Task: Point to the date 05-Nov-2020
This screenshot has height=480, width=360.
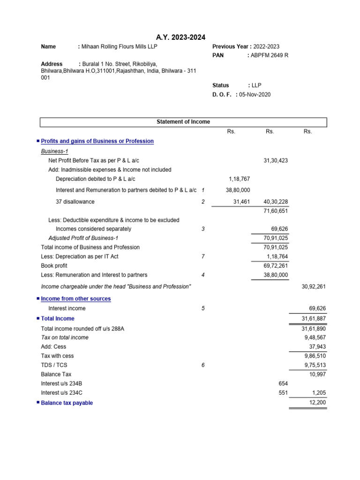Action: [255, 94]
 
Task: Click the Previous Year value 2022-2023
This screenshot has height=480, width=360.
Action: [266, 46]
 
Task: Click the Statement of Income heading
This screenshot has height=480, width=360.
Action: [183, 122]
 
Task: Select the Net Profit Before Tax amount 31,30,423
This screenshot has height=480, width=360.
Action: [276, 160]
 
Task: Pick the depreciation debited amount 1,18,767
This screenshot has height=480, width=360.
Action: [239, 179]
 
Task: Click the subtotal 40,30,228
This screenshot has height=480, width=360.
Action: [276, 202]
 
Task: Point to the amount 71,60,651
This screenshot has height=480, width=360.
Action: [276, 211]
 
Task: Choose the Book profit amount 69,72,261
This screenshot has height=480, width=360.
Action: [276, 266]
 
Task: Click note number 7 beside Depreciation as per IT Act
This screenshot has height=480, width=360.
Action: [202, 256]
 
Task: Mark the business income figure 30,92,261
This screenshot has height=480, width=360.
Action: [314, 286]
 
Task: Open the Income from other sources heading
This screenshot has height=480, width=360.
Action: [76, 299]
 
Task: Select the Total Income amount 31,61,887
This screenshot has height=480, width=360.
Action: [314, 319]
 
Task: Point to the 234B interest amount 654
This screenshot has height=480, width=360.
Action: [283, 383]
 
